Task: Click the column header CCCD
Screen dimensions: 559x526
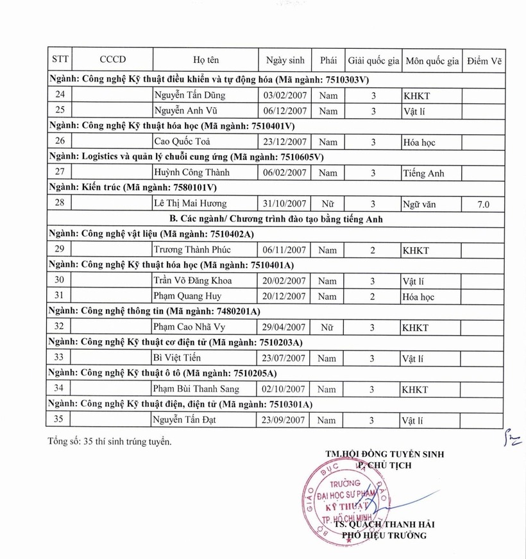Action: [x=113, y=60]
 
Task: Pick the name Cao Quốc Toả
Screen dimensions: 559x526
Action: [x=182, y=142]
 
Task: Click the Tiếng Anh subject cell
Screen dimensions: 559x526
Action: [x=423, y=173]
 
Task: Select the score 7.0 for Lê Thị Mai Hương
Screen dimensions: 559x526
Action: [x=484, y=204]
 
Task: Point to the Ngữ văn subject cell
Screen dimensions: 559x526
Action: [x=420, y=204]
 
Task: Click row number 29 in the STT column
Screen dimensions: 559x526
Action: [x=59, y=250]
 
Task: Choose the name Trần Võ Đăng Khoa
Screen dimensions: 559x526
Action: [x=193, y=280]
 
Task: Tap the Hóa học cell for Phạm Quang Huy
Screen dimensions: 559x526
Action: [x=419, y=297]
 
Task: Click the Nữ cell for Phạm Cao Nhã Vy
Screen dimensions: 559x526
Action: [x=327, y=327]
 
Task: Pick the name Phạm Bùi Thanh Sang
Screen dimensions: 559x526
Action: [x=196, y=389]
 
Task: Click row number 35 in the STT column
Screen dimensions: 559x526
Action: [x=59, y=420]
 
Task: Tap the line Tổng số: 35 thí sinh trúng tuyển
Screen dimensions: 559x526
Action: [x=110, y=441]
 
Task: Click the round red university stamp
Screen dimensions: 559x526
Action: [x=347, y=497]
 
